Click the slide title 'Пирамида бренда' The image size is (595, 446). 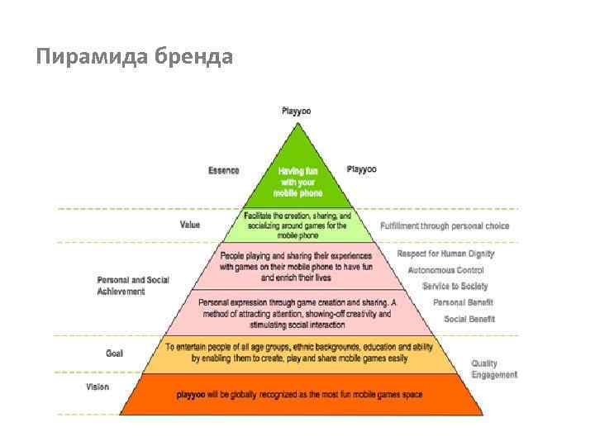click(135, 57)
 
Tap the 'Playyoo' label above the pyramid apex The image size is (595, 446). click(297, 111)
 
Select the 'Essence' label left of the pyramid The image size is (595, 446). click(224, 171)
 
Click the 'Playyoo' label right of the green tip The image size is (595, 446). click(361, 169)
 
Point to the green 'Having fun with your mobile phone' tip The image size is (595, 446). click(297, 182)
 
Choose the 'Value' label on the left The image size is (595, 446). click(190, 225)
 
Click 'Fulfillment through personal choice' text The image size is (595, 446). click(445, 226)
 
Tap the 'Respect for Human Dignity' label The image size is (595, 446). click(445, 254)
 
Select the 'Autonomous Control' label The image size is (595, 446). click(446, 270)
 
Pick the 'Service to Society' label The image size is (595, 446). click(455, 286)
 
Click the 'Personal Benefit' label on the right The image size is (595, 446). click(464, 302)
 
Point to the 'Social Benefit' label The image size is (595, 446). click(469, 319)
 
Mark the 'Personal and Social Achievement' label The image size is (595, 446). click(132, 286)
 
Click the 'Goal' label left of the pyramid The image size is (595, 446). click(114, 353)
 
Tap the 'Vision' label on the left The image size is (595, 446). click(98, 387)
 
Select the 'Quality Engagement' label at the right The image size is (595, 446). click(494, 369)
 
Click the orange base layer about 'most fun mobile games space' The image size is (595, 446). click(299, 395)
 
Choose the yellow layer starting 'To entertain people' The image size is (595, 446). click(299, 353)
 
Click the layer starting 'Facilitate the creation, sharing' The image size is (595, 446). click(297, 224)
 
